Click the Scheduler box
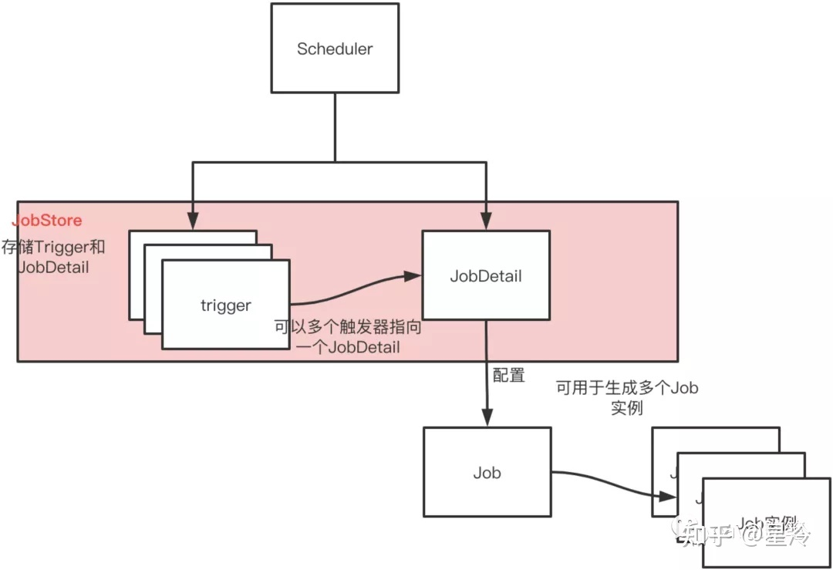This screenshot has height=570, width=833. pos(334,48)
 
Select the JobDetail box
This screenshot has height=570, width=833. pos(485,275)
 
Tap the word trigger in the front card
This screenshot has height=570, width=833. pos(225,305)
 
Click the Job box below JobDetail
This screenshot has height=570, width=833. pos(486,471)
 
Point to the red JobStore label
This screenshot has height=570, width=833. pos(47,221)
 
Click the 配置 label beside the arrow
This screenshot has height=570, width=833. pos(508,376)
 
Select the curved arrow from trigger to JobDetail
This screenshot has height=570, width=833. pos(355,290)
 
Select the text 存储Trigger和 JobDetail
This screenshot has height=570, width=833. pos(53,258)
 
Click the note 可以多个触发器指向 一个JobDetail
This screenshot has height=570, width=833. pos(349,337)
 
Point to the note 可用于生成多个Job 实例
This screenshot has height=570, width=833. pos(626,396)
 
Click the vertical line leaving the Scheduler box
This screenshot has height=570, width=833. pos(334,127)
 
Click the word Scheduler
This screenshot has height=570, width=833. pos(334,49)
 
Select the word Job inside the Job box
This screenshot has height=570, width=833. pos(486,472)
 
